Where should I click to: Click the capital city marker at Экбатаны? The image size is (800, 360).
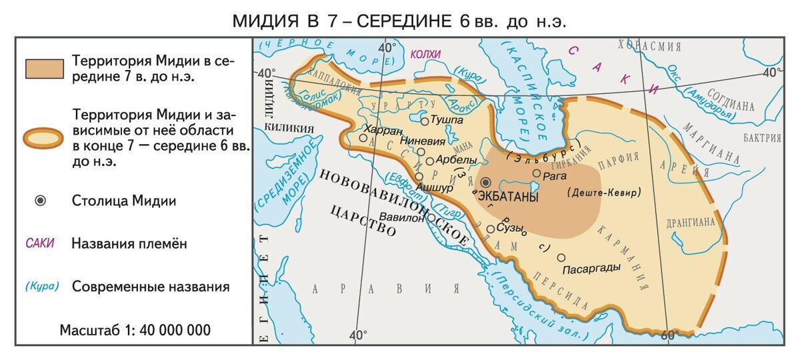(486, 182)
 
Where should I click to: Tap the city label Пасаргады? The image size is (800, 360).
(592, 268)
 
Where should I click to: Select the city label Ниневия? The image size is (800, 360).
(422, 141)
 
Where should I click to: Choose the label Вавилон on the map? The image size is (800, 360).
(402, 217)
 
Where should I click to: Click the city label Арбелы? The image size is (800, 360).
(455, 160)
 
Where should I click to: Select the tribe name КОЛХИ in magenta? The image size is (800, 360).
(426, 54)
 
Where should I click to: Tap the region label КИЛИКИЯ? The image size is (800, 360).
(289, 127)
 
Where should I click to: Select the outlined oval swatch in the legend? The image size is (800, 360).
(44, 138)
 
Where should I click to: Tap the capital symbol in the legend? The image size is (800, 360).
(40, 201)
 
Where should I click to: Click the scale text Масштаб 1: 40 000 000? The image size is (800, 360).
(135, 330)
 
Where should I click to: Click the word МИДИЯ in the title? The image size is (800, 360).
(265, 21)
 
